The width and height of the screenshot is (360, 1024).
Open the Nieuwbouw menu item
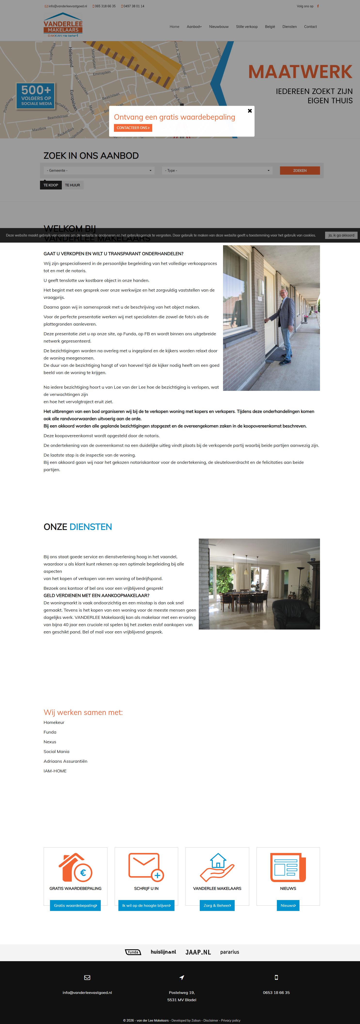[218, 27]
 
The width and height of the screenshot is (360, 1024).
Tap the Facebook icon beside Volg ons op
[318, 6]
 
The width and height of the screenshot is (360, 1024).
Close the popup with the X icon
[249, 111]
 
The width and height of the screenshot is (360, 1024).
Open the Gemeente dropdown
[99, 171]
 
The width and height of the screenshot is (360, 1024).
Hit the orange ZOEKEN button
[300, 171]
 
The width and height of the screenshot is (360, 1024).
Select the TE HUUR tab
[72, 185]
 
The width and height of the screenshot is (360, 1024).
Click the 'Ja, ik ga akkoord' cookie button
[341, 235]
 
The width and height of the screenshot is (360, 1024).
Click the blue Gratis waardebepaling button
[75, 905]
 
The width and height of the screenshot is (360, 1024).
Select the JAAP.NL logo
[198, 952]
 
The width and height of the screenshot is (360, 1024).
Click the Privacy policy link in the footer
[231, 1020]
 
